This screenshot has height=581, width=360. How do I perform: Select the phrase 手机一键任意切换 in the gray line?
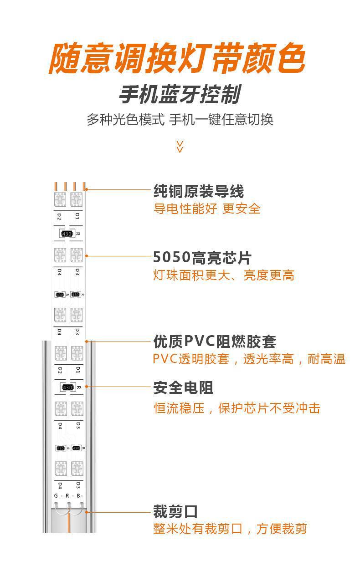221,120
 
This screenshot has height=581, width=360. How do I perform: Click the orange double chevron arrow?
180,146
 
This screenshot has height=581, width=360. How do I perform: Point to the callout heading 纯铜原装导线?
198,191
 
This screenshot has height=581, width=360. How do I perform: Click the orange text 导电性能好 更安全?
207,209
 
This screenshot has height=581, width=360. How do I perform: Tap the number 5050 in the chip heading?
171,258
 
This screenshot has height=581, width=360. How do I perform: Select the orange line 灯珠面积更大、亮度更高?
223,275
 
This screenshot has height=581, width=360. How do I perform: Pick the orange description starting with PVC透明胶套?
249,359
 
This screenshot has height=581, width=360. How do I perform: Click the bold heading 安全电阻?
183,388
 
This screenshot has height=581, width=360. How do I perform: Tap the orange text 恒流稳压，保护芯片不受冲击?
237,408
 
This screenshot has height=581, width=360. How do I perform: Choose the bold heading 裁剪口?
175,511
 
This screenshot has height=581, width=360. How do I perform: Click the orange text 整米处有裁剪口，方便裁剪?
230,529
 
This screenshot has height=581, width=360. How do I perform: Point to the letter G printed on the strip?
56,495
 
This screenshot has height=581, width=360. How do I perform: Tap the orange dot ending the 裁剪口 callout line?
87,512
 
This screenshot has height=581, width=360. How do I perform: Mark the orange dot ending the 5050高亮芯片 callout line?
87,256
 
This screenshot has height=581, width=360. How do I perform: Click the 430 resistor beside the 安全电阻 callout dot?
67,387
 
